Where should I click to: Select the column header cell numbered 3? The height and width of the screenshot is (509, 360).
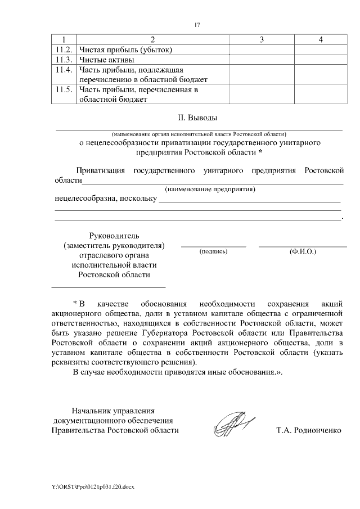coord(262,39)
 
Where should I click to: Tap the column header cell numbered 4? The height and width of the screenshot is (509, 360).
coord(320,39)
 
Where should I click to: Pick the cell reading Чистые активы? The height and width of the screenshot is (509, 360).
coord(107,60)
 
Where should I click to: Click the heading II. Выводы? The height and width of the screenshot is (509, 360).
coord(197,118)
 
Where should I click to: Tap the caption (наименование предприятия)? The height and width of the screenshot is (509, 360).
coord(210,190)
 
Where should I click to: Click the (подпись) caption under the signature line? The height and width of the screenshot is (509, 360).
coord(213,252)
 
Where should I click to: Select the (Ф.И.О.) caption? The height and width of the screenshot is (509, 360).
coord(303,252)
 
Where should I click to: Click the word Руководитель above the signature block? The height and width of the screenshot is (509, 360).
coord(114,236)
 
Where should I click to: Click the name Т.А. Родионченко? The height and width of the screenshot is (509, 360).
coord(309,430)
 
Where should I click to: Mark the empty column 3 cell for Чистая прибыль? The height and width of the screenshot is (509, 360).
coord(262,49)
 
